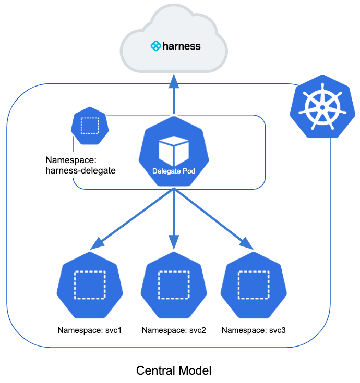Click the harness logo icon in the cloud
[155, 46]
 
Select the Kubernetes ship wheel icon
[322, 107]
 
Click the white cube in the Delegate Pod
[173, 151]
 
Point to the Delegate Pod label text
[173, 171]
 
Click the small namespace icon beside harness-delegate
[89, 126]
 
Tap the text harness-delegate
[80, 170]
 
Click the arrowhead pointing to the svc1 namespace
[97, 243]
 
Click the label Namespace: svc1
[89, 330]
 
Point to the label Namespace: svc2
[174, 330]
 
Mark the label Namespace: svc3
[254, 330]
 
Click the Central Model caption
[174, 370]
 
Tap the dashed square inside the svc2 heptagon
[174, 285]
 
